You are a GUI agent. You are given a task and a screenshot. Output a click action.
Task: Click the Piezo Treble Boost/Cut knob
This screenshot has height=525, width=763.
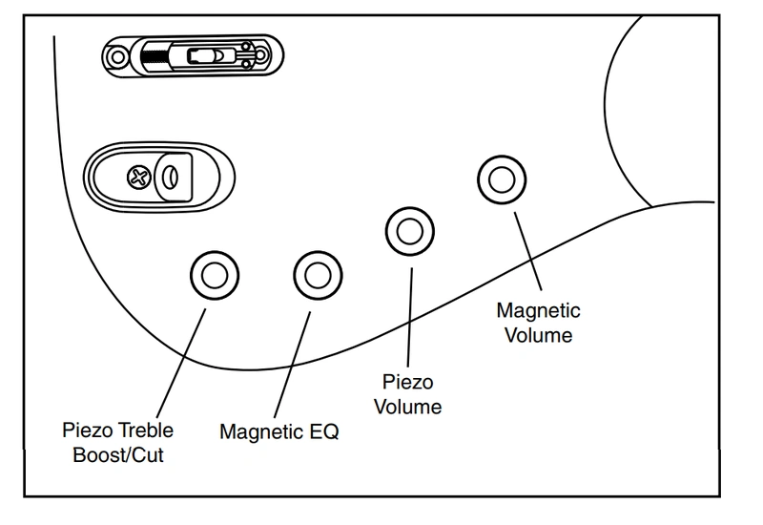(213, 276)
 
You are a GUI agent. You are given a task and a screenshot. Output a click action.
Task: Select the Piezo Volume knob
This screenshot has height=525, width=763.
(409, 231)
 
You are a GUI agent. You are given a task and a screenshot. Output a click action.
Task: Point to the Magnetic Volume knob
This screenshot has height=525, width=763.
(499, 179)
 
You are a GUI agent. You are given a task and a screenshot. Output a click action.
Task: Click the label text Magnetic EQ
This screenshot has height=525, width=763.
(278, 430)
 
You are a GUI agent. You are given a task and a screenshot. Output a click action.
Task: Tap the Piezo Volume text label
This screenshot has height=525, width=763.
(408, 394)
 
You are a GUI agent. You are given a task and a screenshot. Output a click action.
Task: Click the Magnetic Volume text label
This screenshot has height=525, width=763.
(539, 324)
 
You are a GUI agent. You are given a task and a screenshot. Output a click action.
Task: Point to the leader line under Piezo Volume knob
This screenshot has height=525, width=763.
(409, 315)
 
